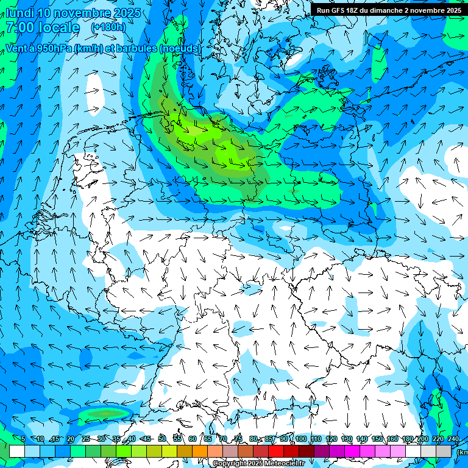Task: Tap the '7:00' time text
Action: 21,27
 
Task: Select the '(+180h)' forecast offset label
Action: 108,27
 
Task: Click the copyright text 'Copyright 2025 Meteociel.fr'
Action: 258,464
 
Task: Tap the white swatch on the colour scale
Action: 17,451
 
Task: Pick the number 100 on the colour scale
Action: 301,439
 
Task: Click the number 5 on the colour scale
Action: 23,439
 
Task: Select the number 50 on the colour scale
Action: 162,439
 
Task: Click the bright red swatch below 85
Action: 276,451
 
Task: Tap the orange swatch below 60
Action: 200,451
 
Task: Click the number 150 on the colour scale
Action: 377,439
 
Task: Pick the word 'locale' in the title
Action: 58,27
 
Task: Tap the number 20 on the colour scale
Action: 71,439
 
